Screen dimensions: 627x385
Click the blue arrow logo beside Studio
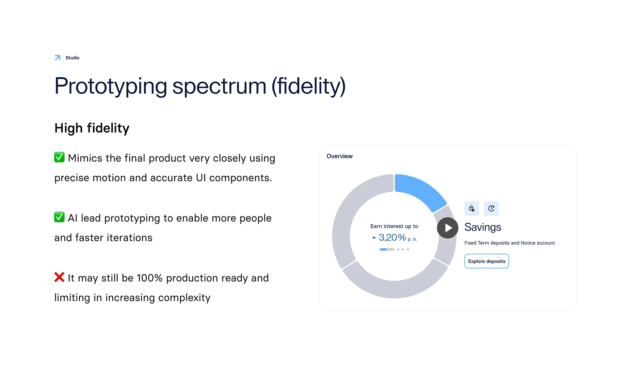(57, 58)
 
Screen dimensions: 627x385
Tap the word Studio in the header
(72, 58)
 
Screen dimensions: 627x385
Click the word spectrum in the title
(219, 86)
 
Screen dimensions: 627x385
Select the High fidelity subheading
(92, 128)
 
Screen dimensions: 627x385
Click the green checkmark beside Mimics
(59, 157)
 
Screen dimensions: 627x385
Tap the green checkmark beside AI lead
(59, 217)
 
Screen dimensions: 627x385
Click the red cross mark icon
(59, 277)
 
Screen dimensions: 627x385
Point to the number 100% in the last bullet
(150, 278)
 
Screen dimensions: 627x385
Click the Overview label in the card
(340, 156)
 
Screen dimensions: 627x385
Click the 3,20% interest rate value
(392, 237)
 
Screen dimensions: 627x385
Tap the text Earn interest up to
(394, 226)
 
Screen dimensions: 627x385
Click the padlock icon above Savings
(472, 208)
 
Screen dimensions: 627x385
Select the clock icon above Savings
(491, 208)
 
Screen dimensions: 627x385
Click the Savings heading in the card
(483, 227)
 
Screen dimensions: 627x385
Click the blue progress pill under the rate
(383, 249)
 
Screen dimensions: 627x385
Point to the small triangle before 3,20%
(374, 238)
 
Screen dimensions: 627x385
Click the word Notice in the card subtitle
(528, 243)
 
